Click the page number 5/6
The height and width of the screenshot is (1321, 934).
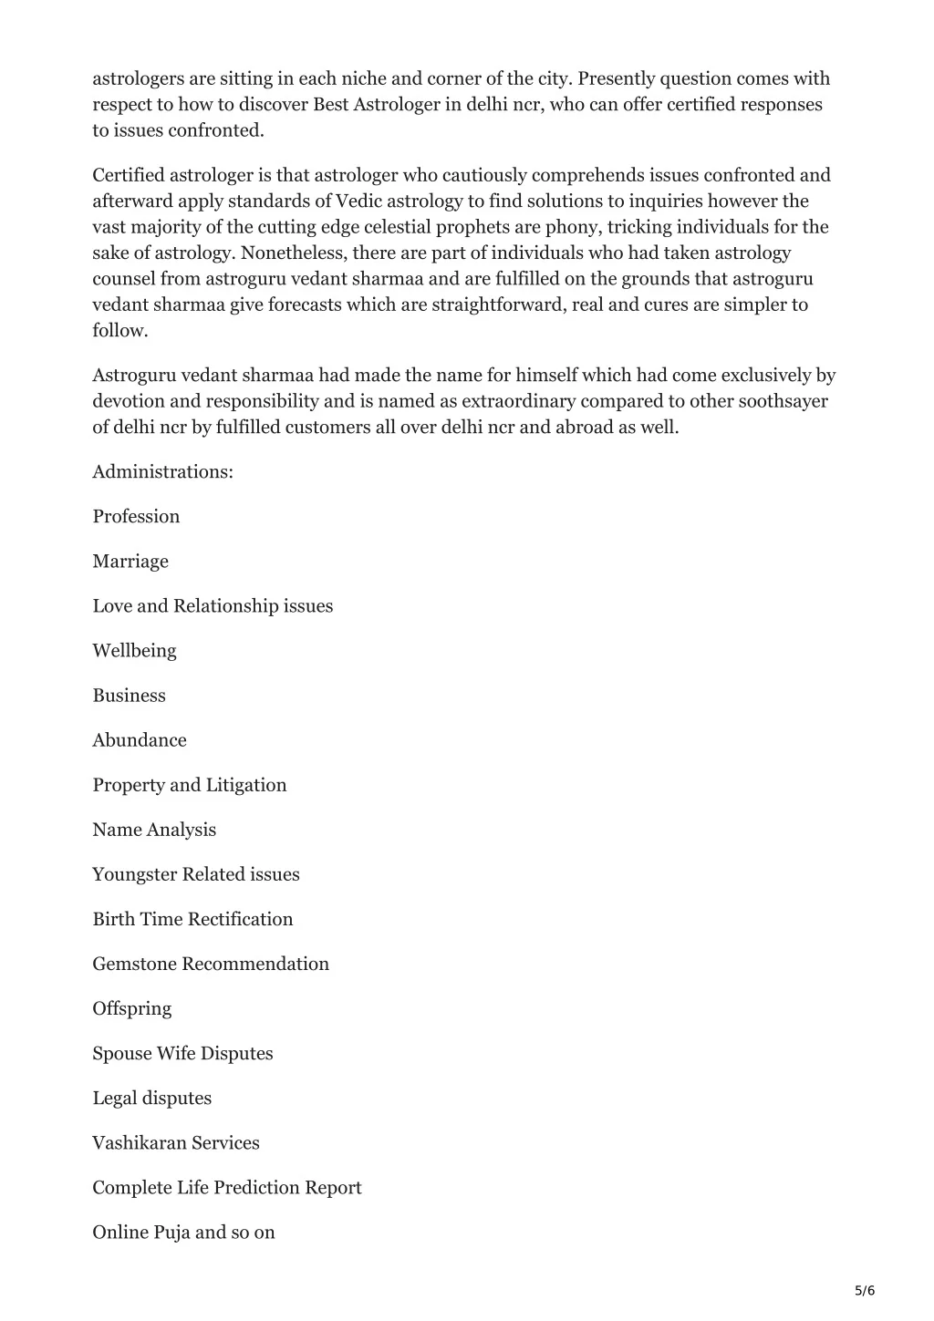click(x=865, y=1290)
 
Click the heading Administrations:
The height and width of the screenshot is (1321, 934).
click(x=162, y=471)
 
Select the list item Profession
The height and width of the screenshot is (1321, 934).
click(x=136, y=516)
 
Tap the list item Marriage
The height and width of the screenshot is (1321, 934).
click(x=130, y=561)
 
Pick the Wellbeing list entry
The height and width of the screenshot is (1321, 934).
click(x=134, y=650)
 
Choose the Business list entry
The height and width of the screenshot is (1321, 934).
click(x=129, y=695)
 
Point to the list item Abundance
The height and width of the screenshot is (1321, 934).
click(x=139, y=739)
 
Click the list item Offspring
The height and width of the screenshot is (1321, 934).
click(x=131, y=1008)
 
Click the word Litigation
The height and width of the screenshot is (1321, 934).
click(x=246, y=784)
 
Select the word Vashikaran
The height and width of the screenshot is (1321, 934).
click(x=139, y=1142)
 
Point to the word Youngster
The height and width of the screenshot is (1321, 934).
click(x=134, y=874)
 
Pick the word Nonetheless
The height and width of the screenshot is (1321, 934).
click(x=293, y=253)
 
